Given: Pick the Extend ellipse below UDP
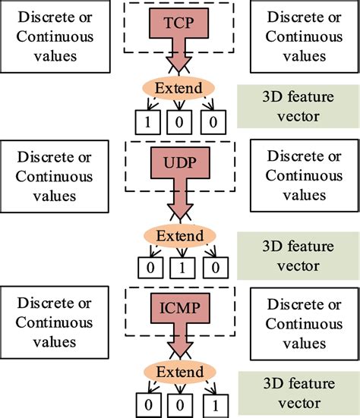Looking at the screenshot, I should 179,236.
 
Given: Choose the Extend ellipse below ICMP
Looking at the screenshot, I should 179,373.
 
